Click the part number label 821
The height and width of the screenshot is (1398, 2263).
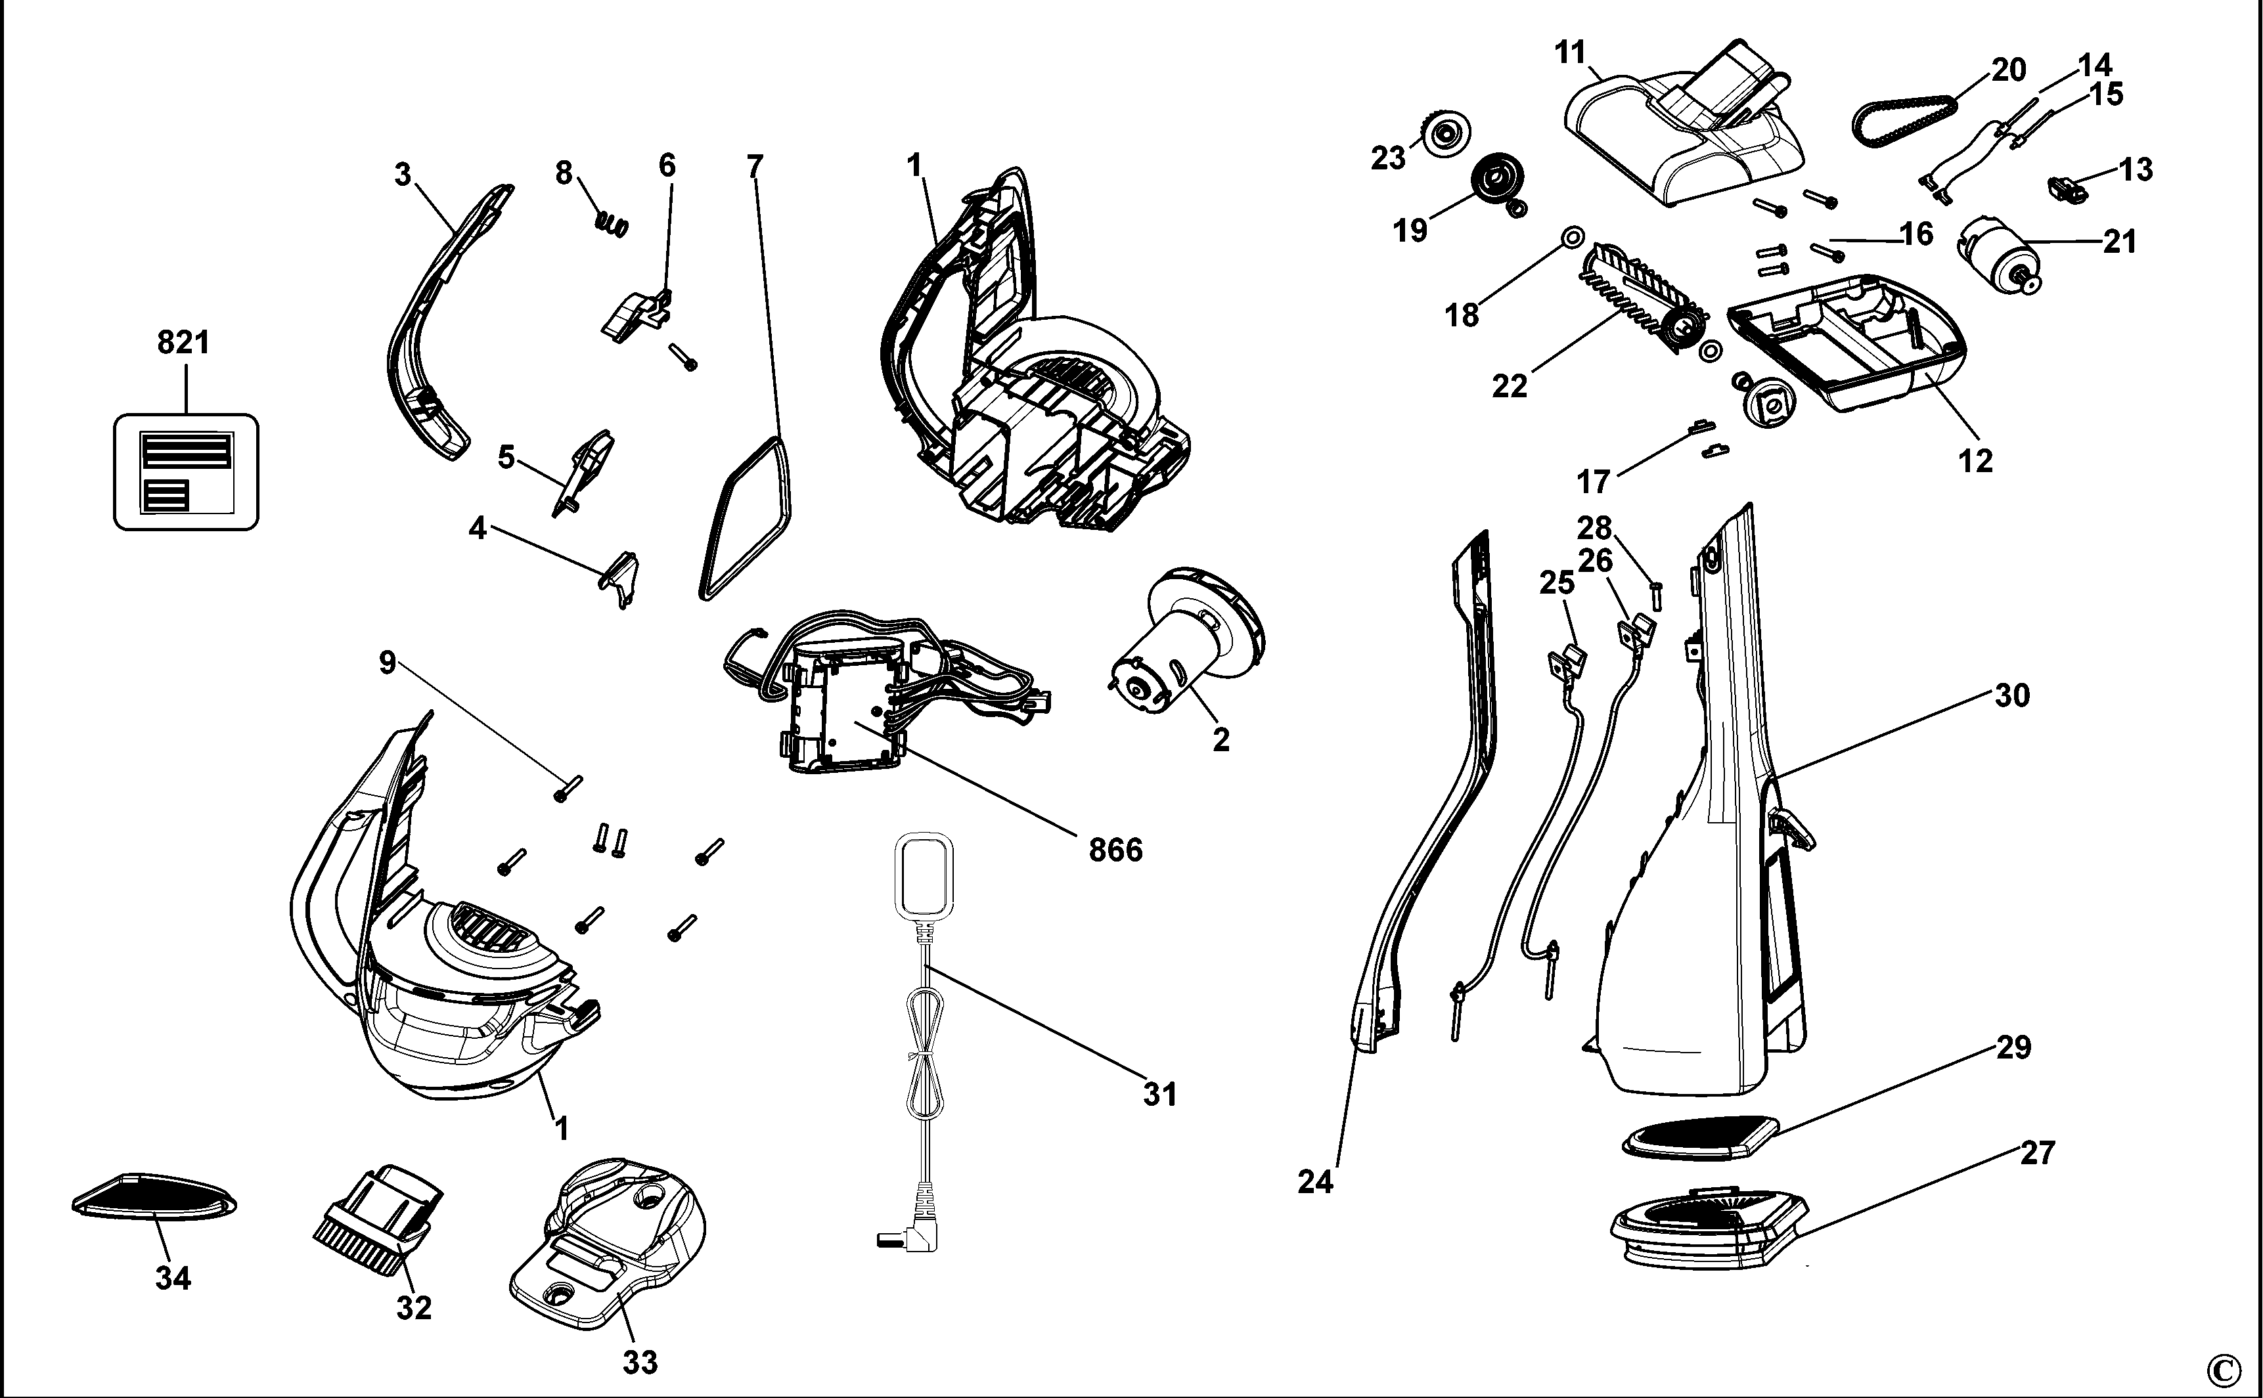tap(183, 343)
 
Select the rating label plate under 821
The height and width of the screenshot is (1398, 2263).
tap(186, 471)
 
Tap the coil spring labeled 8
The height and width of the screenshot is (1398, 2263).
tap(612, 223)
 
